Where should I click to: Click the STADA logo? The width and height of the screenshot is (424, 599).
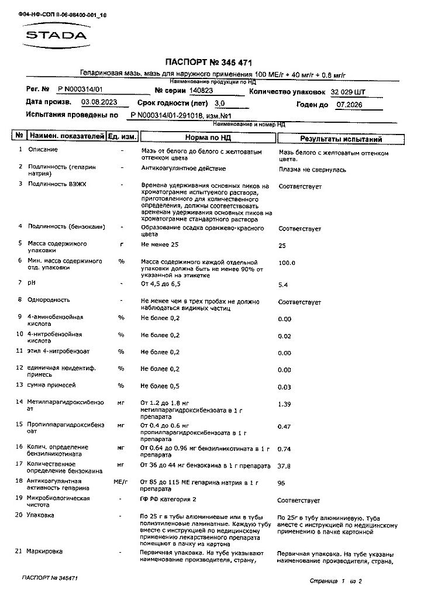click(x=56, y=35)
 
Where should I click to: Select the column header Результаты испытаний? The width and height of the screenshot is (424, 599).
click(x=341, y=139)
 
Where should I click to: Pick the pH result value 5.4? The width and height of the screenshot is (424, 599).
click(x=283, y=285)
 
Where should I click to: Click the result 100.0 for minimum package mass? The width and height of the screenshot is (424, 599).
click(x=287, y=263)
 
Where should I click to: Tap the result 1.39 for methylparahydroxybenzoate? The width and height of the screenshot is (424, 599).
click(x=284, y=404)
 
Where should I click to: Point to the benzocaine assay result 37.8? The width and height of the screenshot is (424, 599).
click(x=284, y=466)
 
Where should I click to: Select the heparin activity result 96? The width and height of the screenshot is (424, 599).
click(x=281, y=484)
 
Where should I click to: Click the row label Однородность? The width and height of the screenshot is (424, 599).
click(x=49, y=299)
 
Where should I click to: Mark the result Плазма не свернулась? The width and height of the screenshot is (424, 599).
click(x=312, y=170)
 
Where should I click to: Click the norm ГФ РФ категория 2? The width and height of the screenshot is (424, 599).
click(x=168, y=500)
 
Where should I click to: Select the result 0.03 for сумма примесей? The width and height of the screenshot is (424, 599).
click(x=284, y=387)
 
